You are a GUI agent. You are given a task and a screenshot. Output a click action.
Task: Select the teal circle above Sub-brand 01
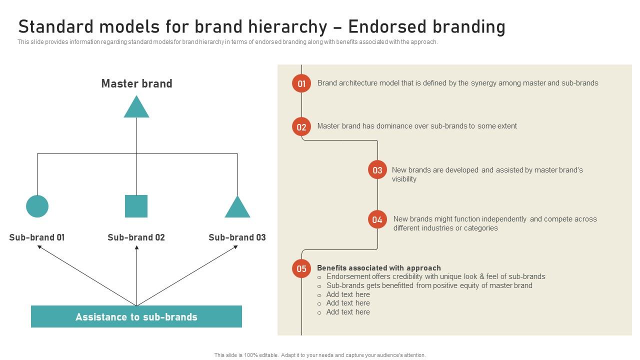tap(37, 206)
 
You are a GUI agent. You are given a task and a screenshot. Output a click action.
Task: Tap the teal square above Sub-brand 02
tap(136, 206)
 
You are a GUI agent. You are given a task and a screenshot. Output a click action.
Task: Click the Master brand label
tap(136, 83)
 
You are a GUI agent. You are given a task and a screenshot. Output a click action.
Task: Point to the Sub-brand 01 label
tap(37, 237)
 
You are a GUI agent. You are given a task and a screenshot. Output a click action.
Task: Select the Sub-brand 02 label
tap(136, 237)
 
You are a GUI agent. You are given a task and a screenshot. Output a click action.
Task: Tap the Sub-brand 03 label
tap(237, 237)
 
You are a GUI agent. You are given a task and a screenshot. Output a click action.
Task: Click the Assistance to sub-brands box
tap(136, 316)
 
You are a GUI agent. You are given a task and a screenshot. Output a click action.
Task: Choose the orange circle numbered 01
tap(301, 83)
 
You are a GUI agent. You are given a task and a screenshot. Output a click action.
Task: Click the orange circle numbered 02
tap(301, 127)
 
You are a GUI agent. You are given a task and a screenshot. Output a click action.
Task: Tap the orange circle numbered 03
tap(377, 170)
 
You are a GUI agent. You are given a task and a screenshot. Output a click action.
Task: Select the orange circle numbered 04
tap(377, 219)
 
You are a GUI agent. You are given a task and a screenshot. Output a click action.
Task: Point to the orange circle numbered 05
tap(301, 269)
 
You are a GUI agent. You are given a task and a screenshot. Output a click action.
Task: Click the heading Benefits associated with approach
tap(378, 268)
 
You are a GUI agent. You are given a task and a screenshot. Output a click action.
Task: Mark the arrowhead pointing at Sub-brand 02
tap(136, 247)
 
